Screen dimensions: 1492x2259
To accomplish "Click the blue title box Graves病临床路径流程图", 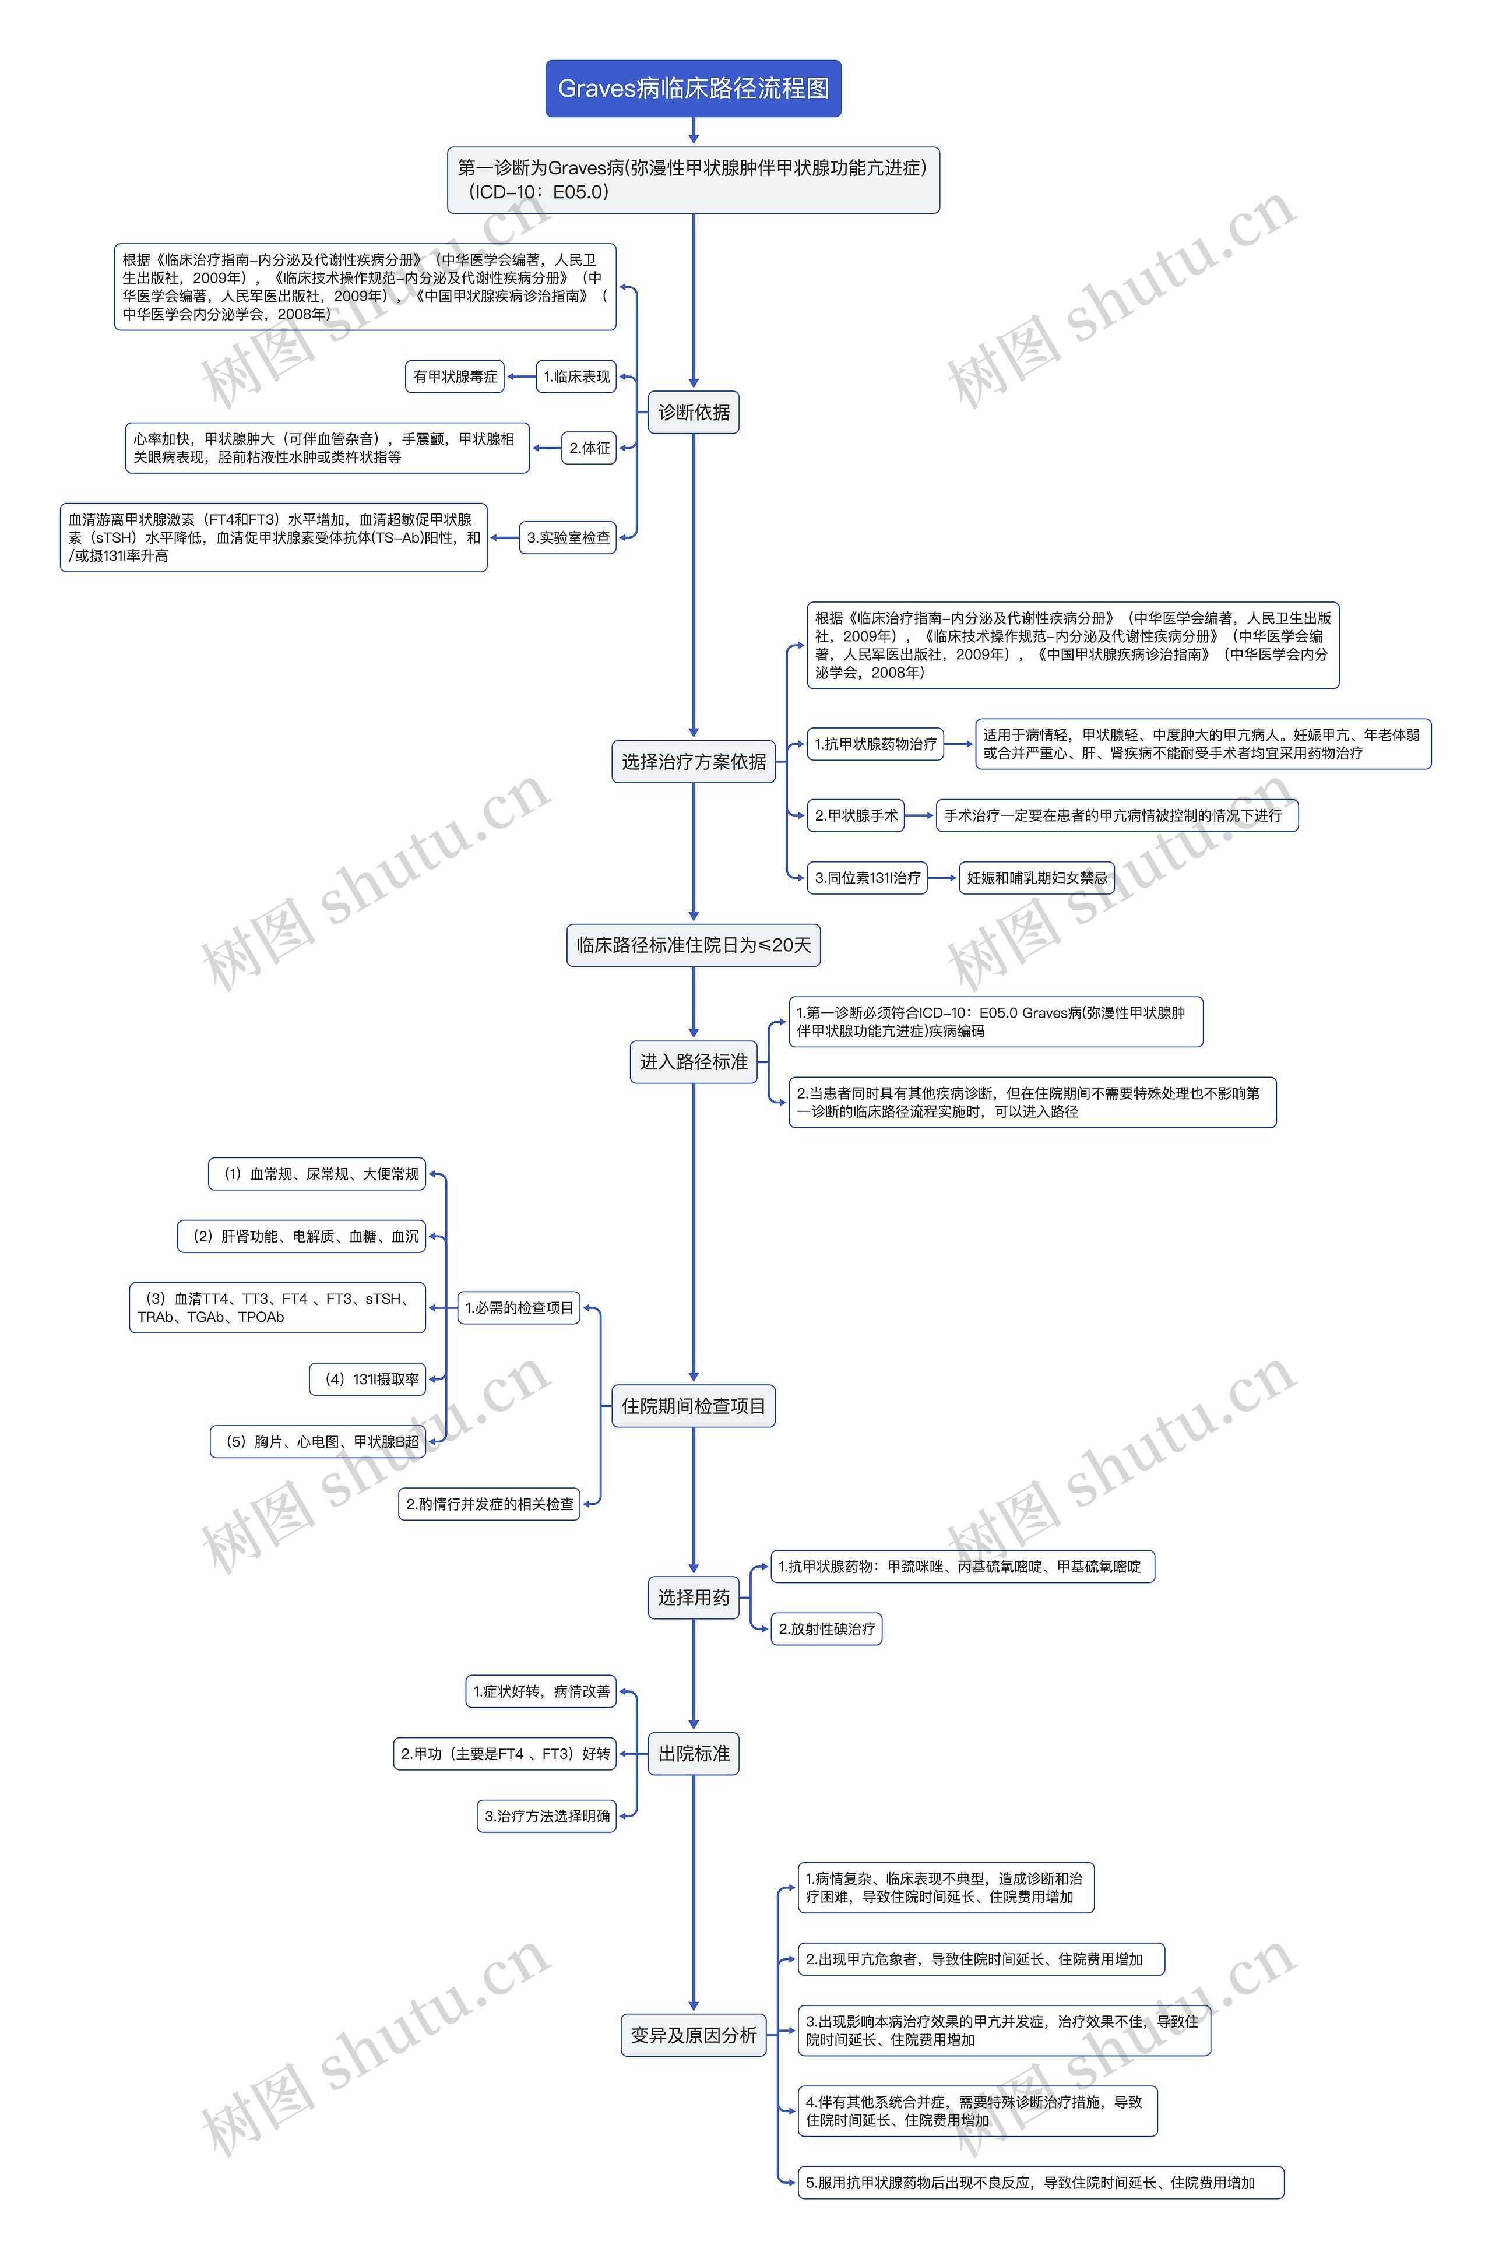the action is click(x=693, y=89).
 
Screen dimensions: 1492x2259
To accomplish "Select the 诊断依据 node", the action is click(x=693, y=412).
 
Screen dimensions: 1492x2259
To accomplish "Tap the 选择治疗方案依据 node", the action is click(x=693, y=761).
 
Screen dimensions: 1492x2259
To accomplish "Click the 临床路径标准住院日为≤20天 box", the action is click(x=693, y=945).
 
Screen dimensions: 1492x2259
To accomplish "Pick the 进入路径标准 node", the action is click(x=693, y=1062).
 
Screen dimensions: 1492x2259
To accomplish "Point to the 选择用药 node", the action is click(x=693, y=1597).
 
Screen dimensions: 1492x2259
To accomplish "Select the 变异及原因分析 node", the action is click(x=693, y=2035).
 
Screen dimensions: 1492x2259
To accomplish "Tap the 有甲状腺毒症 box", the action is click(x=455, y=377).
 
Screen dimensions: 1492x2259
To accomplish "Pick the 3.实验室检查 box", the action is click(x=568, y=537).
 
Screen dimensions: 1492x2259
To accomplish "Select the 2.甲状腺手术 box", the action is click(x=856, y=815).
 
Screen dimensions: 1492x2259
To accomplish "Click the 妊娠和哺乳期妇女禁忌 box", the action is click(x=1036, y=877).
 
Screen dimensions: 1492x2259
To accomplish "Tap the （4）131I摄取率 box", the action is click(x=367, y=1379).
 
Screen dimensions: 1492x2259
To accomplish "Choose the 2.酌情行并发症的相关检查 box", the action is click(x=489, y=1504).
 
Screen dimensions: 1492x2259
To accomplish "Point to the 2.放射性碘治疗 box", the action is click(x=826, y=1628).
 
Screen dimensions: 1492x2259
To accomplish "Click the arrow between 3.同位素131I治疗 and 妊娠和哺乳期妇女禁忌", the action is click(x=942, y=877).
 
